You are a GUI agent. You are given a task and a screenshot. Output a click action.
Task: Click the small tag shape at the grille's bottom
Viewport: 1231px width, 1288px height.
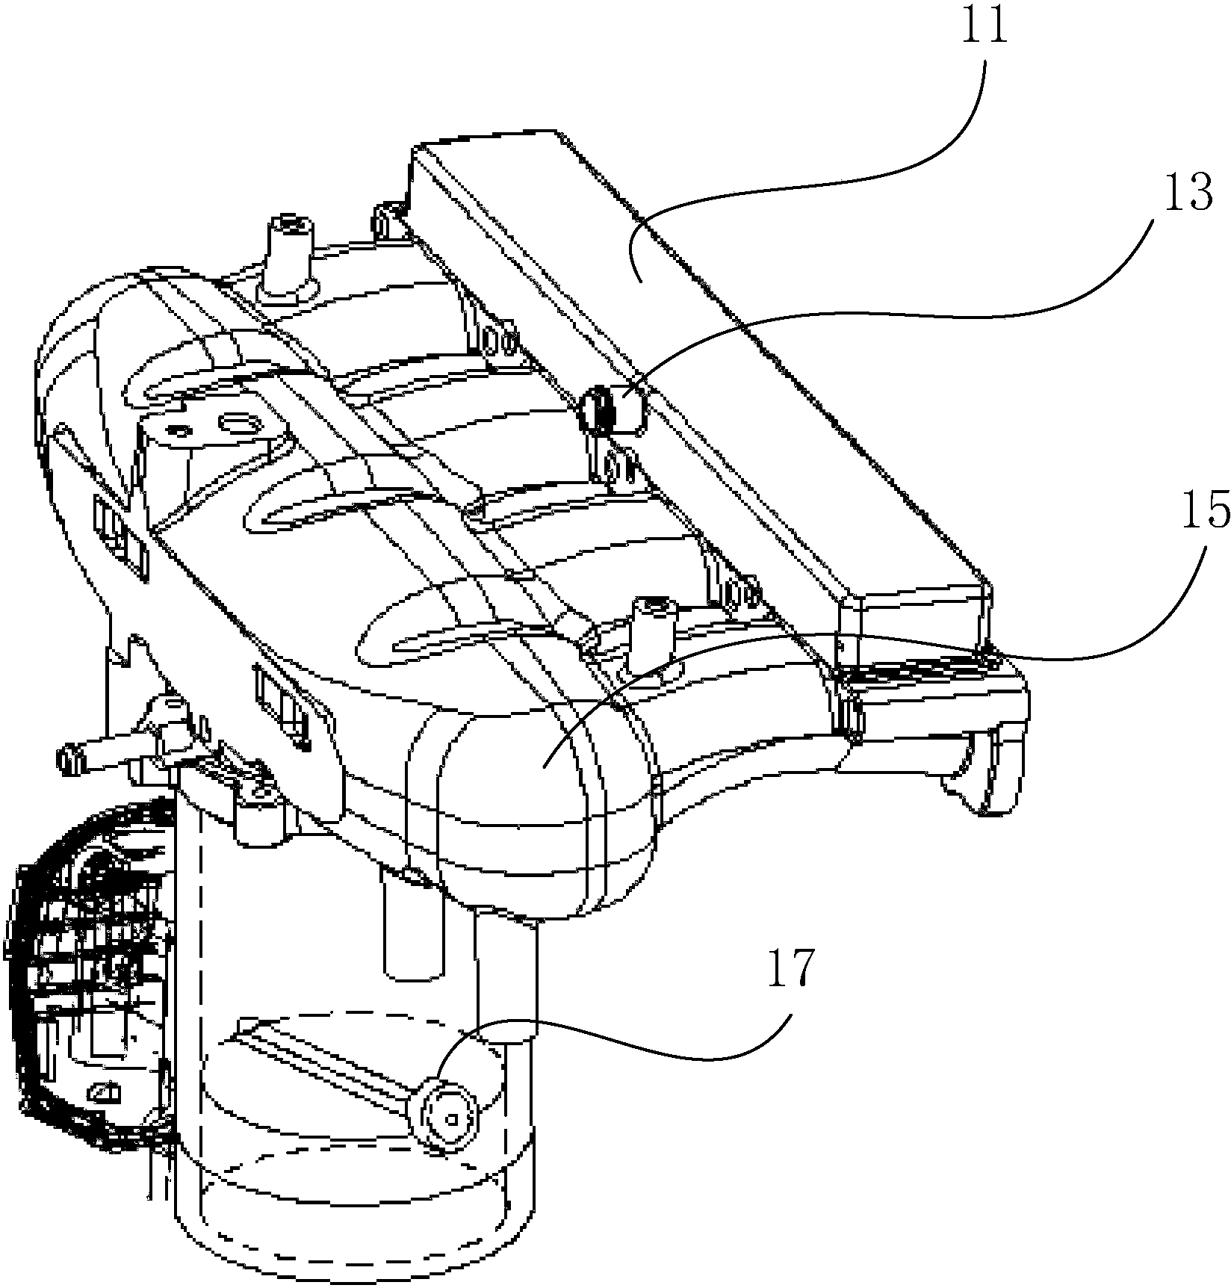[105, 1094]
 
